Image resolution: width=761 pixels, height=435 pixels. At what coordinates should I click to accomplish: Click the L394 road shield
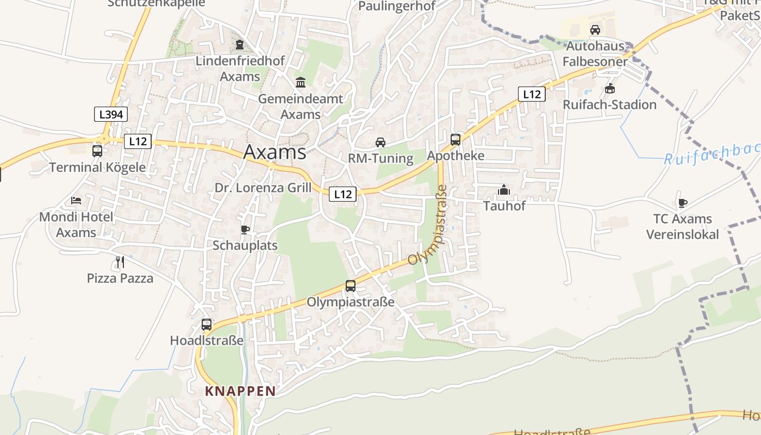111,114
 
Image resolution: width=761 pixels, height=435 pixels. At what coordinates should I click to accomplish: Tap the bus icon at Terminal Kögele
97,151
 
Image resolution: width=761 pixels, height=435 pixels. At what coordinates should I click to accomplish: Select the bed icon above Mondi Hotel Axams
76,201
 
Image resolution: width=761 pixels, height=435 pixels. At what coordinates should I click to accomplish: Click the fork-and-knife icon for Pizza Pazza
120,262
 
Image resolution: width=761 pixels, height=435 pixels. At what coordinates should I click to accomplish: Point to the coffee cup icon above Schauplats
245,229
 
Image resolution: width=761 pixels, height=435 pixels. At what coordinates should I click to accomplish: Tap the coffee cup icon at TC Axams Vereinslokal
682,203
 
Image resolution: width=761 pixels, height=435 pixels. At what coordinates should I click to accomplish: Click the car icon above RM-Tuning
380,142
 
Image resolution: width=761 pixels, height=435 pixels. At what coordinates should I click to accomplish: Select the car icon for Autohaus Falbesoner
595,29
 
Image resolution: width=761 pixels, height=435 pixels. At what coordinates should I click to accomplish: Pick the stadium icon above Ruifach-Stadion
610,88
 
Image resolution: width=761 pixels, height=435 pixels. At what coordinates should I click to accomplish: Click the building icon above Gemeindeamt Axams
301,83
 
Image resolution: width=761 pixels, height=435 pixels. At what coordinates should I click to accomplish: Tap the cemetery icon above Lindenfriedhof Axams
240,45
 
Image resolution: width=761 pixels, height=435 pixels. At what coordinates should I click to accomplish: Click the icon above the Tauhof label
504,190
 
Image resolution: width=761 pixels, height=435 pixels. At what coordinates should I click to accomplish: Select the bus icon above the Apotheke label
456,140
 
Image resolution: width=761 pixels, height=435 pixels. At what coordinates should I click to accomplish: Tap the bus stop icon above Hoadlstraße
207,325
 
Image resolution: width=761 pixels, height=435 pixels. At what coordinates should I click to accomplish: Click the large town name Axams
275,152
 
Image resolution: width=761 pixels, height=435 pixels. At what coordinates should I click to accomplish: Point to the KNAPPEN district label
240,391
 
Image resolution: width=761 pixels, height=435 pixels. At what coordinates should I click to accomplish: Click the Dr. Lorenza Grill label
263,188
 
